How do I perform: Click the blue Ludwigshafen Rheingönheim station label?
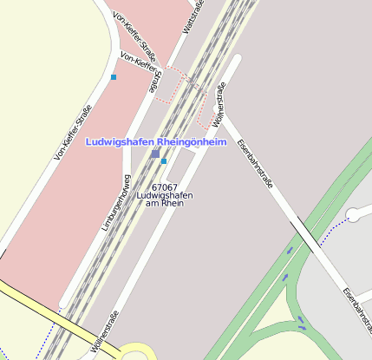(155, 141)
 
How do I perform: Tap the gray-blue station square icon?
(155, 154)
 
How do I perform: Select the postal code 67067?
(164, 187)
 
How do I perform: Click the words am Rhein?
(164, 204)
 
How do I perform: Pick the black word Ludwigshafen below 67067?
(164, 195)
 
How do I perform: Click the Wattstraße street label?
(193, 18)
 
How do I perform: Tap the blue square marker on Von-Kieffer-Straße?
(113, 77)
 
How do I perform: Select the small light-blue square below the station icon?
(164, 161)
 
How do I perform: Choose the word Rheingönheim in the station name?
(189, 141)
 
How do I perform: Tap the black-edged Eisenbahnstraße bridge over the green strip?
(303, 234)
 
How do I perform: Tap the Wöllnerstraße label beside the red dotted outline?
(219, 104)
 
